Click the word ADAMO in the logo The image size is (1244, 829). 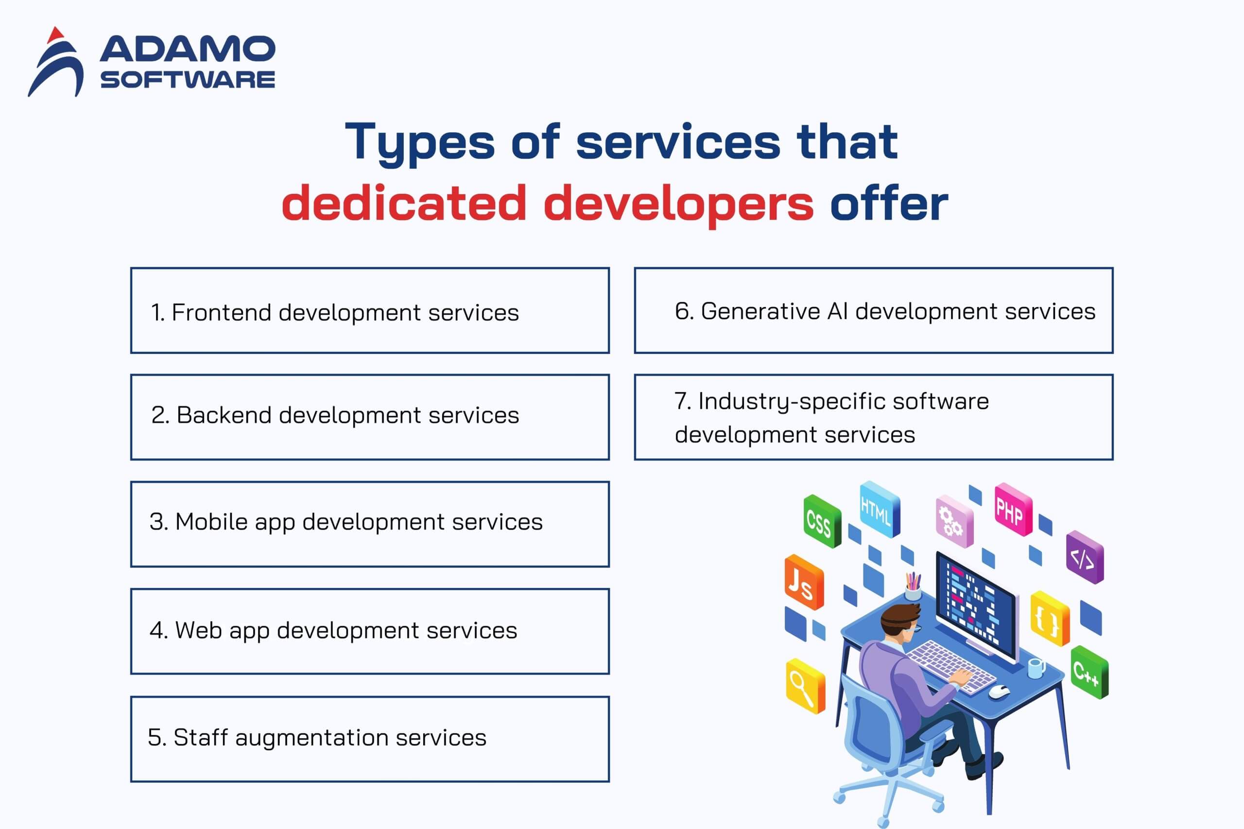pyautogui.click(x=187, y=49)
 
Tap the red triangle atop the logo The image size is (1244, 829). pyautogui.click(x=55, y=35)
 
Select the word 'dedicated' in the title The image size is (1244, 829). pyautogui.click(x=404, y=204)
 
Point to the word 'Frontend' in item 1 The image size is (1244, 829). pyautogui.click(x=222, y=312)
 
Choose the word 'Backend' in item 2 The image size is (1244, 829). pyautogui.click(x=224, y=415)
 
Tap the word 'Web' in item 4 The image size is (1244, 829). pyautogui.click(x=198, y=630)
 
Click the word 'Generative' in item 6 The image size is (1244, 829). pyautogui.click(x=760, y=311)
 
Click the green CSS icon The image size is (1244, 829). pyautogui.click(x=821, y=521)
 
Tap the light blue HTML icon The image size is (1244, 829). pyautogui.click(x=880, y=509)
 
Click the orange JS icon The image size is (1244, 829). pyautogui.click(x=804, y=582)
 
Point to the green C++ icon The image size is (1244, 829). pyautogui.click(x=1089, y=672)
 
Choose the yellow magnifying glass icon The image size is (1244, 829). pyautogui.click(x=805, y=686)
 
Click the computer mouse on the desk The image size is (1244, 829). pyautogui.click(x=999, y=691)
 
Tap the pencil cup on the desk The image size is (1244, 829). pyautogui.click(x=913, y=587)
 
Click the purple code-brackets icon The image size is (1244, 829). pyautogui.click(x=1085, y=557)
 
